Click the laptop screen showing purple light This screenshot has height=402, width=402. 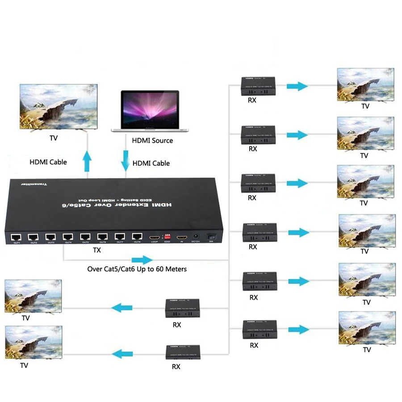coord(150,109)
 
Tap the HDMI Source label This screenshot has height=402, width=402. coord(152,140)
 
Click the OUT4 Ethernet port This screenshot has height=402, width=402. coord(68,236)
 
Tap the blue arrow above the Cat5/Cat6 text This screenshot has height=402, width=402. coord(142,260)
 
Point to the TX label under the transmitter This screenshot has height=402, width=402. coord(97,250)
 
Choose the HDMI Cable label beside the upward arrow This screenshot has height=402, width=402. coord(48,162)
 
